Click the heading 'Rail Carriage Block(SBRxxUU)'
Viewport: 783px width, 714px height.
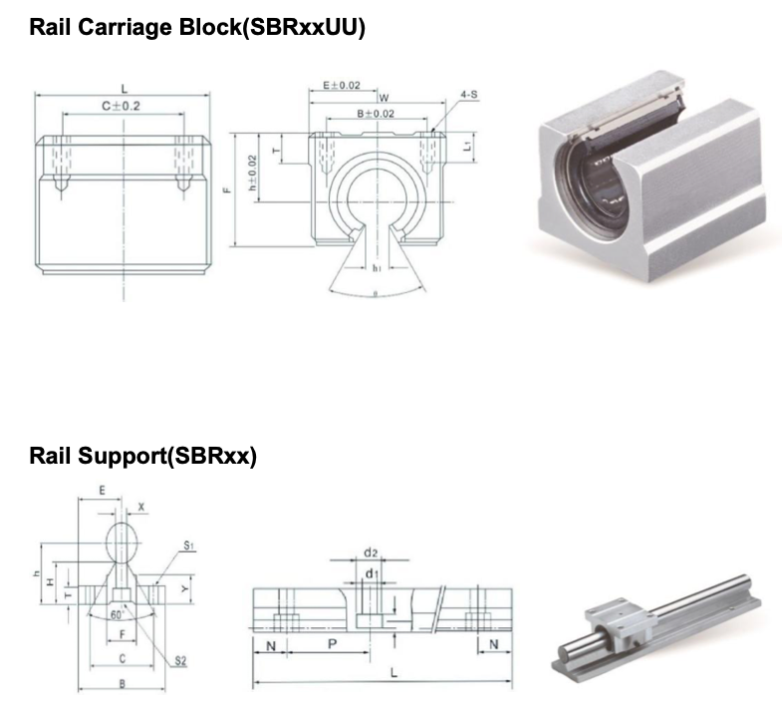(x=197, y=27)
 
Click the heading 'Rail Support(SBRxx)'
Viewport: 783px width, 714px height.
(x=143, y=457)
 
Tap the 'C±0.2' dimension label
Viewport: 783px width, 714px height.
(x=122, y=105)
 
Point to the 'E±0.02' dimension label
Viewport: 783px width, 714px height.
(x=343, y=87)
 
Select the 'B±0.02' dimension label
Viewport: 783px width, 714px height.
(x=376, y=114)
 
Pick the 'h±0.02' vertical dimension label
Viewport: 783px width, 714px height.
(x=254, y=172)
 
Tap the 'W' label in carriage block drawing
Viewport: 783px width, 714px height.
(x=384, y=98)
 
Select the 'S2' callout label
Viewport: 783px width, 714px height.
(x=180, y=661)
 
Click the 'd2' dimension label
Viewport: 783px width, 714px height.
(x=370, y=551)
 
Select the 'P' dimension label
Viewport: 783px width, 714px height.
(x=333, y=645)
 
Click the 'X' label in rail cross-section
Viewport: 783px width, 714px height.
(x=141, y=507)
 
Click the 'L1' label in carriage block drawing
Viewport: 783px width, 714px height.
(x=467, y=146)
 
